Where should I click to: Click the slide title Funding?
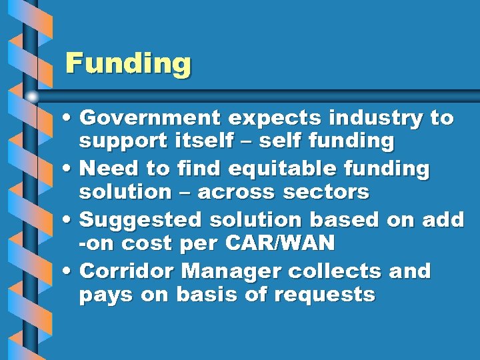128,64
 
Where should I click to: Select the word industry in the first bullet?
369,118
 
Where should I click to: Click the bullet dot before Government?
70,119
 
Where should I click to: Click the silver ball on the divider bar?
31,97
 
